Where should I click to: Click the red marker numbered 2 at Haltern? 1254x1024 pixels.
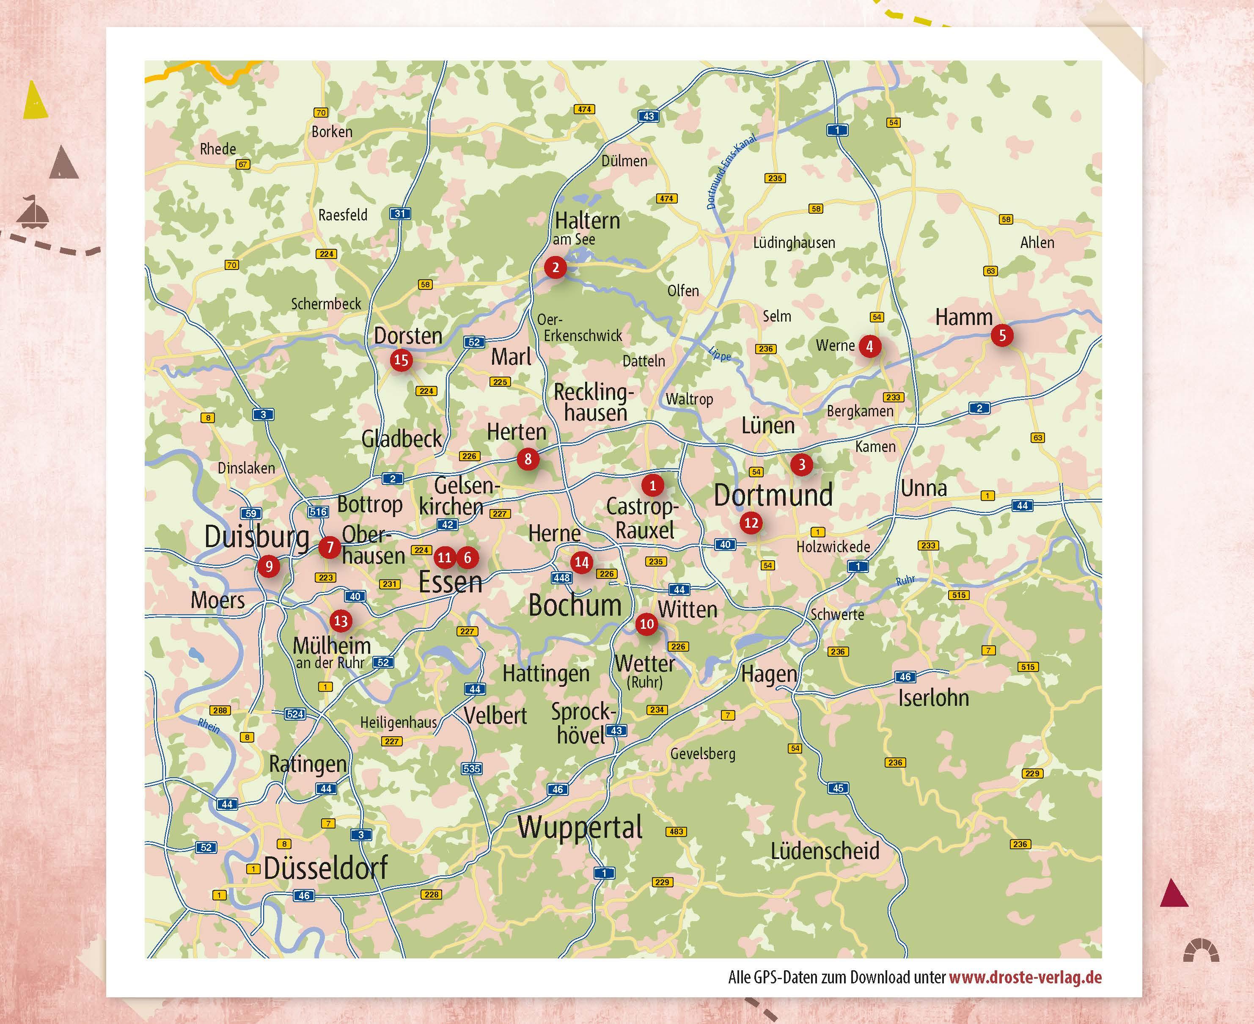pyautogui.click(x=555, y=267)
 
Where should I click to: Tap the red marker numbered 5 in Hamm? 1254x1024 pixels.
pyautogui.click(x=1001, y=336)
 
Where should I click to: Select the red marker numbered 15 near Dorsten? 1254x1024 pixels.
pyautogui.click(x=401, y=360)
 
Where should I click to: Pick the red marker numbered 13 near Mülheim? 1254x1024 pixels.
pyautogui.click(x=340, y=620)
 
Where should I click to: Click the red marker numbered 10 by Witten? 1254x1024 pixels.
pyautogui.click(x=646, y=623)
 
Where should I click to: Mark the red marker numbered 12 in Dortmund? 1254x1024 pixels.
pyautogui.click(x=751, y=523)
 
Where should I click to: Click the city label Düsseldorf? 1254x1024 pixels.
pyautogui.click(x=326, y=868)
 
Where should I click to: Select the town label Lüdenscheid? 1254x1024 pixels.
pyautogui.click(x=825, y=851)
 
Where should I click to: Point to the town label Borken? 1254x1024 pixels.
pyautogui.click(x=332, y=132)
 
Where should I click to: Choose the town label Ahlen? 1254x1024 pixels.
pyautogui.click(x=1037, y=242)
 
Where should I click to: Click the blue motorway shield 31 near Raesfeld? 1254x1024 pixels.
pyautogui.click(x=400, y=214)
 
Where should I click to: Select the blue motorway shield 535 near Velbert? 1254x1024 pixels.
pyautogui.click(x=472, y=768)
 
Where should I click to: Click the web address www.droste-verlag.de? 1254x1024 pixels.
pyautogui.click(x=1025, y=977)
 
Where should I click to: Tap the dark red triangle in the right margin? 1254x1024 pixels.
pyautogui.click(x=1173, y=893)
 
